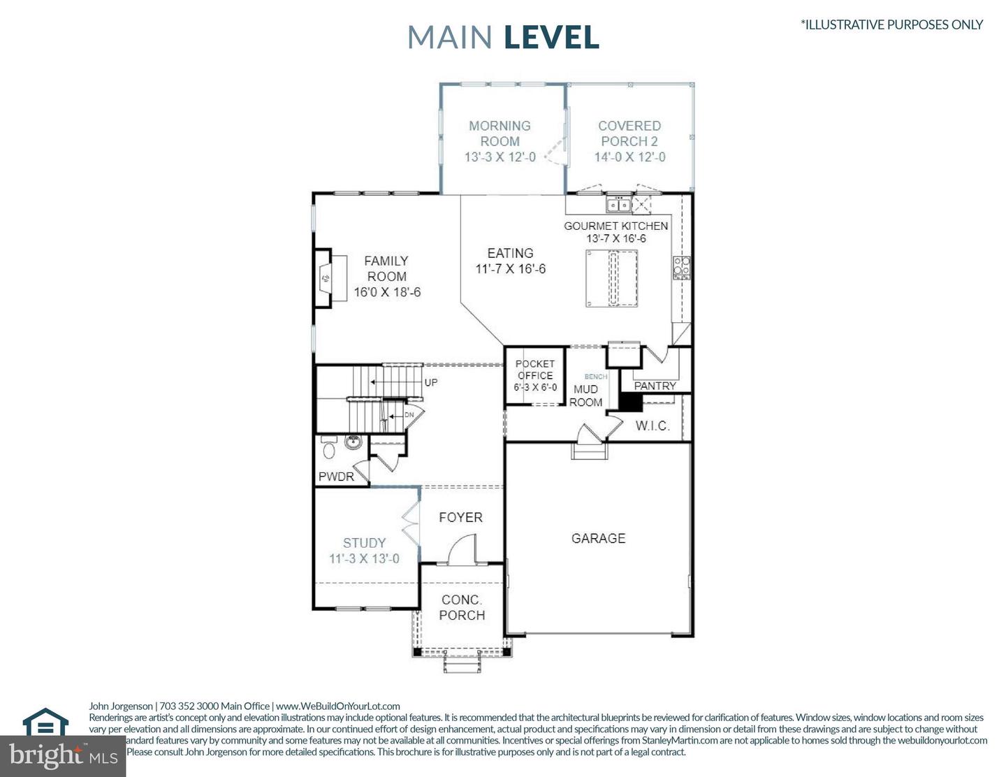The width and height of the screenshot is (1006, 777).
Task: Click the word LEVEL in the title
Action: point(551,37)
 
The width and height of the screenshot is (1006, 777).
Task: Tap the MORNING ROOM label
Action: point(500,133)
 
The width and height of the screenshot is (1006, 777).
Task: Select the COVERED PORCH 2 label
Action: point(629,133)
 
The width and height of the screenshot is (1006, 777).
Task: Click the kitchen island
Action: point(612,279)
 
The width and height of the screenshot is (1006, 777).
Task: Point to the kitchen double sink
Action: point(619,205)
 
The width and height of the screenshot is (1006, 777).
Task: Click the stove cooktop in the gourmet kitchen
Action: point(682,267)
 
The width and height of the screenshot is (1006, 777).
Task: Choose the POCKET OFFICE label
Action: point(535,370)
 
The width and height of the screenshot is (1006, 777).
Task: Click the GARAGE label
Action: point(598,538)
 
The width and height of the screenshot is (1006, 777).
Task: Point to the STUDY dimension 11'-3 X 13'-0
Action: point(364,559)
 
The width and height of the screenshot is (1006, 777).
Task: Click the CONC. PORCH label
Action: point(462,607)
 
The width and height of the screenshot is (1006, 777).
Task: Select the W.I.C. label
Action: point(653,426)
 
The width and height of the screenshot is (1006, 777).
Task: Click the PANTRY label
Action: point(655,386)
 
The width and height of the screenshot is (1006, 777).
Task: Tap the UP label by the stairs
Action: point(431,382)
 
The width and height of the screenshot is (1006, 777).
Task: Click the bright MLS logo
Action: point(63,755)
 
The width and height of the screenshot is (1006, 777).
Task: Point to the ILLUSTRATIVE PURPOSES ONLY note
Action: point(891,24)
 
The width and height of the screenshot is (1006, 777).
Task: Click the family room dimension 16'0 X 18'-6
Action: point(387,292)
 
